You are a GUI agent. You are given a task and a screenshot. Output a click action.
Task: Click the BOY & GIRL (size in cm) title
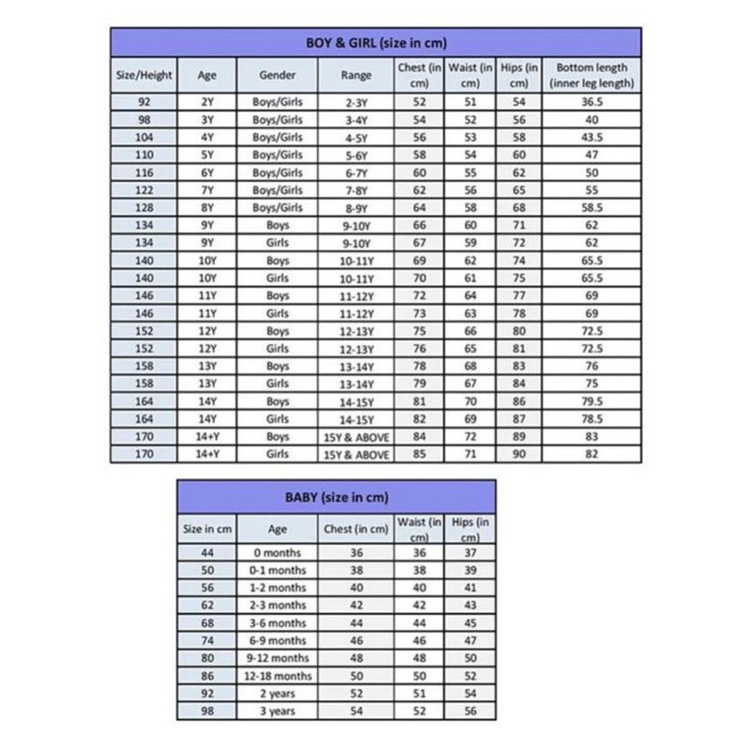[x=375, y=42]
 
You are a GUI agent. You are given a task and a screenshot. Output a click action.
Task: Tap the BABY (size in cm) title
[x=337, y=497]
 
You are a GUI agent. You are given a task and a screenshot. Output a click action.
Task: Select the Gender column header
[x=277, y=74]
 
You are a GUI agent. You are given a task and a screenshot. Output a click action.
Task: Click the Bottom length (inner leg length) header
[x=592, y=74]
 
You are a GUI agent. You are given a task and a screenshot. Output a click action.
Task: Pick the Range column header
[x=356, y=74]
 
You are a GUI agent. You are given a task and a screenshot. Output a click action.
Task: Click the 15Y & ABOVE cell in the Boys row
[x=356, y=436]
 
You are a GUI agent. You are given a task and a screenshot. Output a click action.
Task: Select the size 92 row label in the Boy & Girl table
[x=143, y=102]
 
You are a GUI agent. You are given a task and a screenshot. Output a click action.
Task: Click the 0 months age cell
[x=277, y=553]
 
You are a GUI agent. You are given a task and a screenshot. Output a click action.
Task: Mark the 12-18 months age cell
[x=277, y=676]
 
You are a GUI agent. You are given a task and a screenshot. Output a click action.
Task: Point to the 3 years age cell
[x=277, y=712]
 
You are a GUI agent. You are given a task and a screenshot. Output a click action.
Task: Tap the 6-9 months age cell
[x=277, y=640]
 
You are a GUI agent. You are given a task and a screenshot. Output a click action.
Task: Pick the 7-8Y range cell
[x=356, y=189]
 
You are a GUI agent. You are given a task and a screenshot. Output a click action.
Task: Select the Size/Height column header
[x=143, y=74]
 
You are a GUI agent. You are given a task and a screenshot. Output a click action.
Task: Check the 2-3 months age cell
[x=277, y=606]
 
